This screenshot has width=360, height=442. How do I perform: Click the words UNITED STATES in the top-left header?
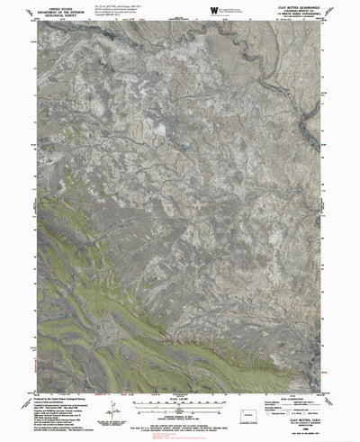(44, 6)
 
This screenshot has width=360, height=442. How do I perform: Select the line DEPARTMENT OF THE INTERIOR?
(44, 11)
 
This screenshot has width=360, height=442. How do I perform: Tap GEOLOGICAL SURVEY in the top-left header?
(44, 15)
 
